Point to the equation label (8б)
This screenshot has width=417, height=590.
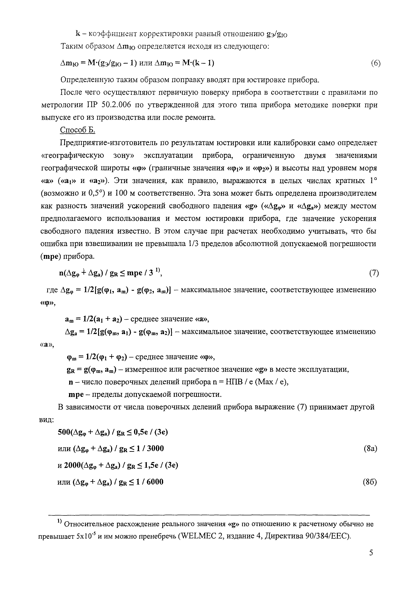tap(370, 482)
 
